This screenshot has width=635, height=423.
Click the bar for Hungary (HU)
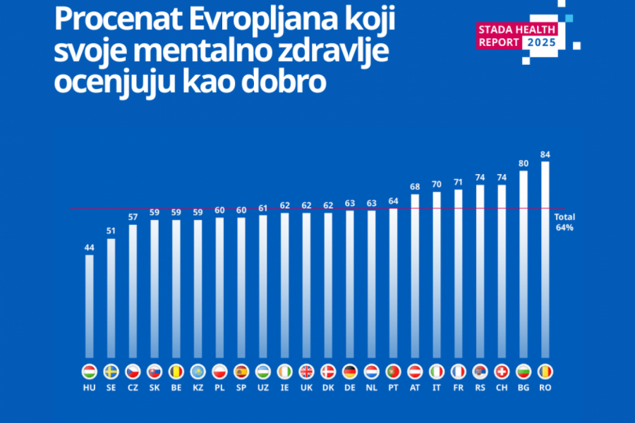coord(89,307)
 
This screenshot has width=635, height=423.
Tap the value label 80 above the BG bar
coord(523,163)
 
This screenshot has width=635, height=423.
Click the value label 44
coord(89,247)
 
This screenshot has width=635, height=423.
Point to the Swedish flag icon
coord(111,372)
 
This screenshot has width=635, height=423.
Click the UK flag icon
coord(306,372)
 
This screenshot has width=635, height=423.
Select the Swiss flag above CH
coord(502,372)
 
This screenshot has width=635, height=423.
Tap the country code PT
coord(393,388)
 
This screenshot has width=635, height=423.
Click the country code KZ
coord(198,388)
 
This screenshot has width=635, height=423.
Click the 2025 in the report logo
coord(543,42)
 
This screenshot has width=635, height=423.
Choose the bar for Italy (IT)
coord(437,275)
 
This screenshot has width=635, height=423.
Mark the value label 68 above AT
coord(415,187)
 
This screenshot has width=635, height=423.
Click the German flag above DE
coord(349,372)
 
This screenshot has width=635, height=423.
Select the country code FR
coord(458,388)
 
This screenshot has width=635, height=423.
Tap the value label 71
coord(458,182)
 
